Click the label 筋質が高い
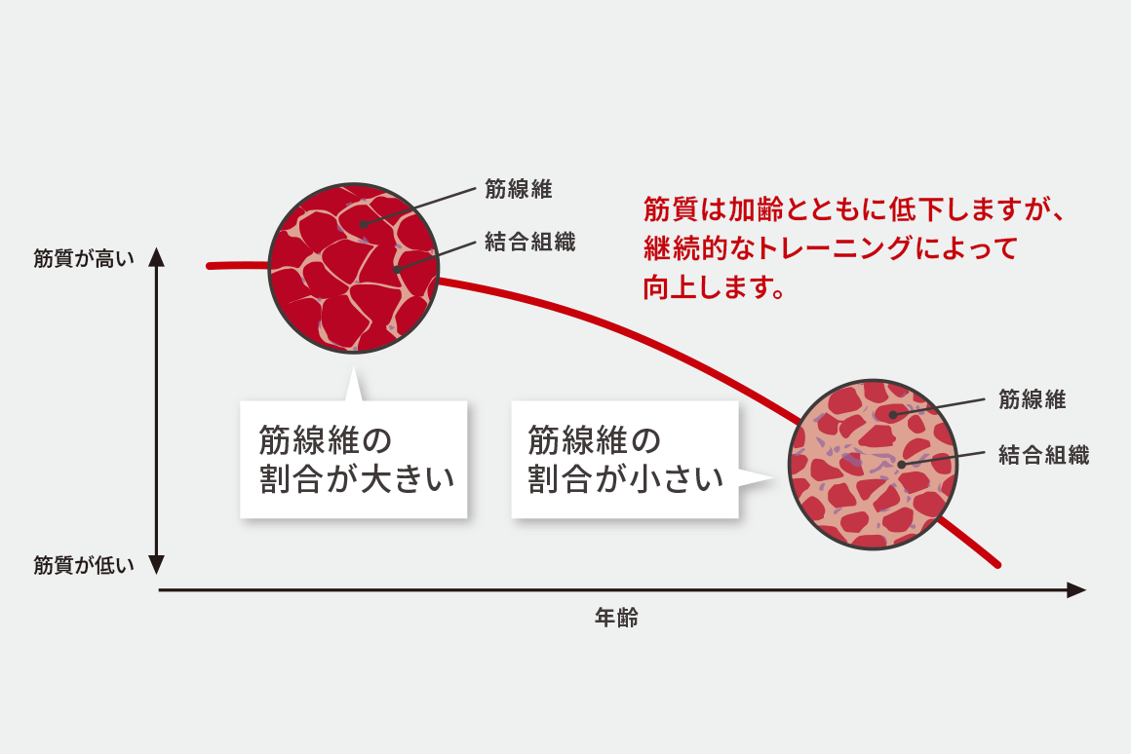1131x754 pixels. pyautogui.click(x=84, y=259)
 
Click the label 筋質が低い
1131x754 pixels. pyautogui.click(x=84, y=565)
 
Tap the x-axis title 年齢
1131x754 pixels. pyautogui.click(x=617, y=618)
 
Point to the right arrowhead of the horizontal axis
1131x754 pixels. pyautogui.click(x=1076, y=589)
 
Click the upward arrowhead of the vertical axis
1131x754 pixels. pyautogui.click(x=157, y=256)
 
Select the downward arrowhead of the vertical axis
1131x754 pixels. pyautogui.click(x=157, y=564)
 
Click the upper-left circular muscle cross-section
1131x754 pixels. pyautogui.click(x=353, y=268)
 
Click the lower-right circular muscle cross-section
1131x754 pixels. pyautogui.click(x=874, y=465)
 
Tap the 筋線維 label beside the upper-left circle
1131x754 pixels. pyautogui.click(x=519, y=189)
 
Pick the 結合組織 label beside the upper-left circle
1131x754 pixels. pyautogui.click(x=530, y=242)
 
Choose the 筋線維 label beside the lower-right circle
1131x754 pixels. pyautogui.click(x=1033, y=398)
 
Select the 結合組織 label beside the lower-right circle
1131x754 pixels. pyautogui.click(x=1043, y=455)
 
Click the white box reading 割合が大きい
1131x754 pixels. pyautogui.click(x=353, y=459)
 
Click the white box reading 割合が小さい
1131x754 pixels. pyautogui.click(x=625, y=459)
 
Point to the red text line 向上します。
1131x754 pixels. pyautogui.click(x=714, y=287)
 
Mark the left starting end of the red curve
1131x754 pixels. pyautogui.click(x=210, y=266)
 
